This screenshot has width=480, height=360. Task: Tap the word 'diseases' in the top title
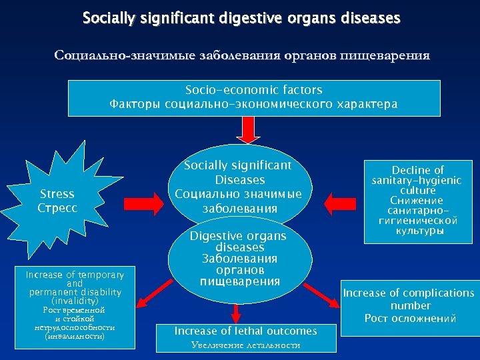370,18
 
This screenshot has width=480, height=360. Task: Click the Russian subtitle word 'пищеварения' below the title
385,55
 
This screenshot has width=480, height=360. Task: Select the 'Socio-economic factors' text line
253,90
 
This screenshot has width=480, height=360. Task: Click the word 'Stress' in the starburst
57,194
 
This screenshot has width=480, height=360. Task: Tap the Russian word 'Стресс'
57,207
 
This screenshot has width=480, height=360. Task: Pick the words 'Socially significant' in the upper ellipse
238,165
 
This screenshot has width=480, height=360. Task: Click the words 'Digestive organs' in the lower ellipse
238,236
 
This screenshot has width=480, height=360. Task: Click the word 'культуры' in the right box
418,231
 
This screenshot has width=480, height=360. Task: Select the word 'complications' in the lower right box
439,293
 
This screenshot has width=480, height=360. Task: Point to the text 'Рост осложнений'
410,318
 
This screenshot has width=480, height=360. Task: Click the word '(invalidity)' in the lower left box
75,301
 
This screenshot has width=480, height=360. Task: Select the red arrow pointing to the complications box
322,294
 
